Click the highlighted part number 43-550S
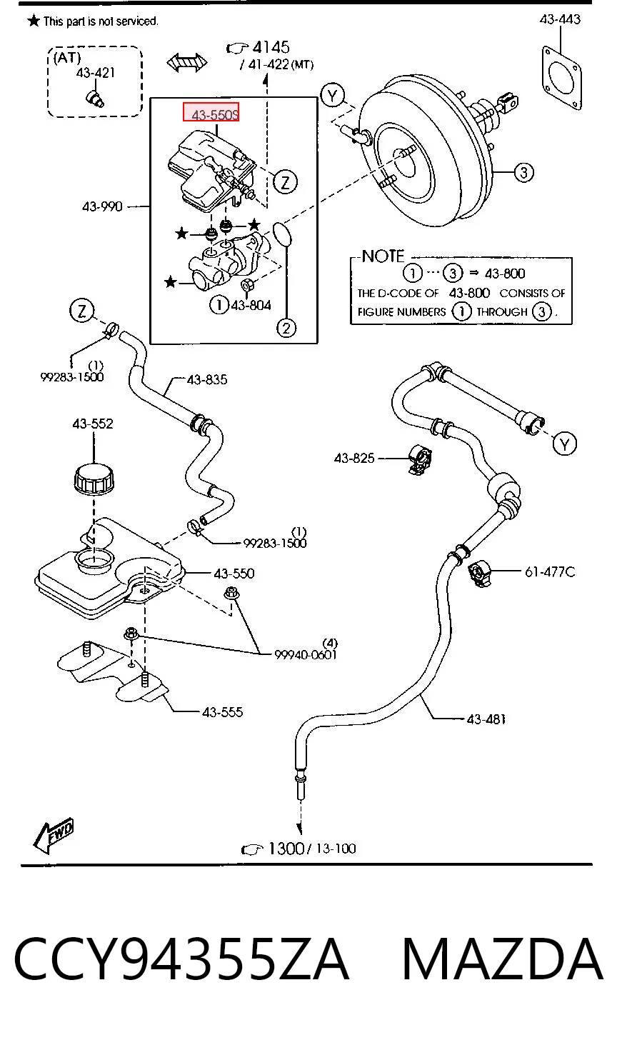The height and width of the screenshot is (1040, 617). pos(211,112)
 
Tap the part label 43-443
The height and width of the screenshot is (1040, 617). pos(559,19)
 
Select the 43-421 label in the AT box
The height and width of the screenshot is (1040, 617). pos(95,73)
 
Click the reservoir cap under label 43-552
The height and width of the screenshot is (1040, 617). pos(94,479)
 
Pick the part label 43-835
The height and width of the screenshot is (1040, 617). pos(207,380)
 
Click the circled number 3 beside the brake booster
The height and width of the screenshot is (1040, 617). pos(523,173)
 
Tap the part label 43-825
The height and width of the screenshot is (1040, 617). pos(353,459)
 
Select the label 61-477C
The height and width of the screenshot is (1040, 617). pos(550,572)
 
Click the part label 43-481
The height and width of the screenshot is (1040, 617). pos(486,720)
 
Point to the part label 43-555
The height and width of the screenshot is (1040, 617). pos(222,712)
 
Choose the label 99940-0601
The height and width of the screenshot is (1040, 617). pos(306,654)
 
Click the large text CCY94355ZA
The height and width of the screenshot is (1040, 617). pos(181,959)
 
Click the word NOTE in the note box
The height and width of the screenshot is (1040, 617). pos(383,256)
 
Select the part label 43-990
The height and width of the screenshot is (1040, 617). pos(102,206)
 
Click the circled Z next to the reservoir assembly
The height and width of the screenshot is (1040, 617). pos(285,182)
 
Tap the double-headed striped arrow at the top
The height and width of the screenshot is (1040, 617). pos(187,62)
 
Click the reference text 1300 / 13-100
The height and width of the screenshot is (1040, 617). pos(299,849)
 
